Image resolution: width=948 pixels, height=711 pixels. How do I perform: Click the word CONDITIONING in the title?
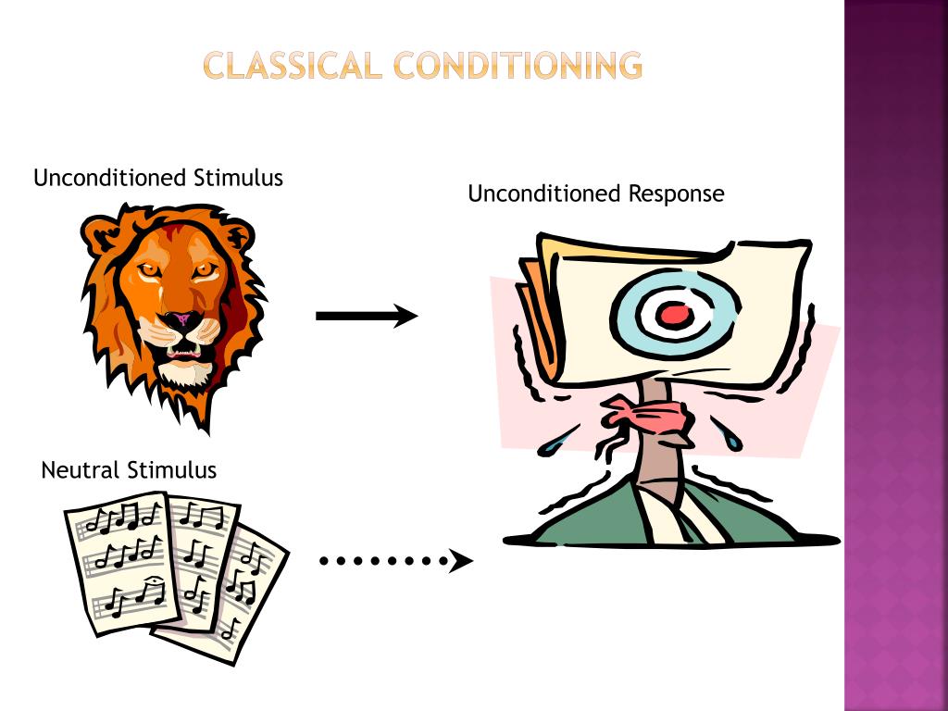click(517, 66)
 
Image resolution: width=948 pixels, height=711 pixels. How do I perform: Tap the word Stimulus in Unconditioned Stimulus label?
click(239, 178)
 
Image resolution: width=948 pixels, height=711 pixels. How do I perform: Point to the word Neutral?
click(81, 470)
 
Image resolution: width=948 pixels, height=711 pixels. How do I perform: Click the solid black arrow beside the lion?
click(366, 316)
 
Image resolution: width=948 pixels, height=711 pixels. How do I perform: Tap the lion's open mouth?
click(182, 353)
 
